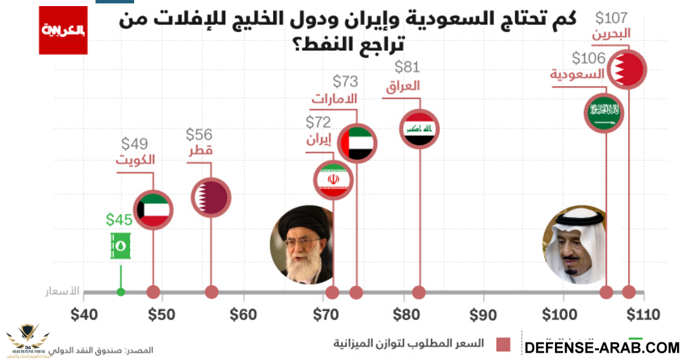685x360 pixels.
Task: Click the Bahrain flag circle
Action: [627, 68]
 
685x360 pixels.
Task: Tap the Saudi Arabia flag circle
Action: [605, 113]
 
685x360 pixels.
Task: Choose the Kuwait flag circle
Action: [152, 209]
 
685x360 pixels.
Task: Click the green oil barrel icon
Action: [121, 246]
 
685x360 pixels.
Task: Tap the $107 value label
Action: [613, 17]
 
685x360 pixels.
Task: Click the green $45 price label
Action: [119, 220]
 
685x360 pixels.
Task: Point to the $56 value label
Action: [199, 134]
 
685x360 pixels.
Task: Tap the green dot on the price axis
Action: [121, 292]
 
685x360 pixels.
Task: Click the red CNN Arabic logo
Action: [63, 30]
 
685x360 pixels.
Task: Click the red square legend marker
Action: [503, 344]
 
